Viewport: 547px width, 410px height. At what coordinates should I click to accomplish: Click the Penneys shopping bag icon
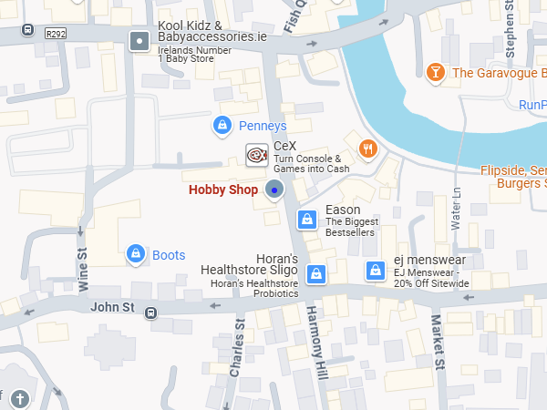coord(221,125)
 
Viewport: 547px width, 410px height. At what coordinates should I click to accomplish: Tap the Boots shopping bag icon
coord(136,253)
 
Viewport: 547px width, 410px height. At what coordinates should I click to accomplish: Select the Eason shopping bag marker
coord(308,219)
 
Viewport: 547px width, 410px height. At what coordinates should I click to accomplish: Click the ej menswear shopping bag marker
coord(375,271)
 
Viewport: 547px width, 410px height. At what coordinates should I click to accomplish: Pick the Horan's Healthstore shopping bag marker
coord(316,273)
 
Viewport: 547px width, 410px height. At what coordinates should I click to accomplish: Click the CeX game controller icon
coord(257,155)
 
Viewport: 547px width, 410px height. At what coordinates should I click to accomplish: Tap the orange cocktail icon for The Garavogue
coord(436,72)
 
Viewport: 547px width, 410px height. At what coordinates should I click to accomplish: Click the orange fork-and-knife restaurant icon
coord(367,149)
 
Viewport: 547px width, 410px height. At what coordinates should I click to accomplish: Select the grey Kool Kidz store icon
coord(139,41)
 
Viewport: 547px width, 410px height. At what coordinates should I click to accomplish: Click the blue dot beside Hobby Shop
coord(274,190)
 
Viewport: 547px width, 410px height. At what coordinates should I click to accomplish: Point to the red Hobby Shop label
coord(223,190)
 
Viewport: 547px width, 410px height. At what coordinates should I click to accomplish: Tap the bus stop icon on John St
coord(150,313)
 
